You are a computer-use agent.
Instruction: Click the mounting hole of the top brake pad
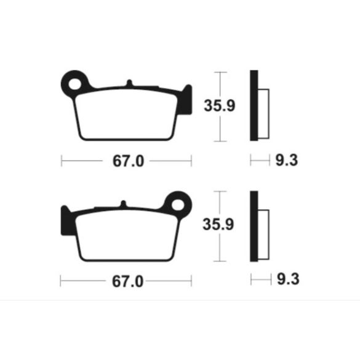[75, 84]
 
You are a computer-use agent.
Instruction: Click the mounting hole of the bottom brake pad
[178, 205]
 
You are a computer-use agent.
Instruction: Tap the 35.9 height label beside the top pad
[220, 106]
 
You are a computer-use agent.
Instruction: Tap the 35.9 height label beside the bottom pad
[218, 225]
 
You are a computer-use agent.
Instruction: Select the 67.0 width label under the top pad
[128, 161]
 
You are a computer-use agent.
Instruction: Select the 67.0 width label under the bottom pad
[127, 281]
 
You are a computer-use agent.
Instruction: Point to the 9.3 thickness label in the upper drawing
[287, 160]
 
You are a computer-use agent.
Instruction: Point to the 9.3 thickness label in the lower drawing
[288, 279]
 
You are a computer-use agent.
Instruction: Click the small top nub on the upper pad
[129, 83]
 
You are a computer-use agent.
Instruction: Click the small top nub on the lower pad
[124, 204]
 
